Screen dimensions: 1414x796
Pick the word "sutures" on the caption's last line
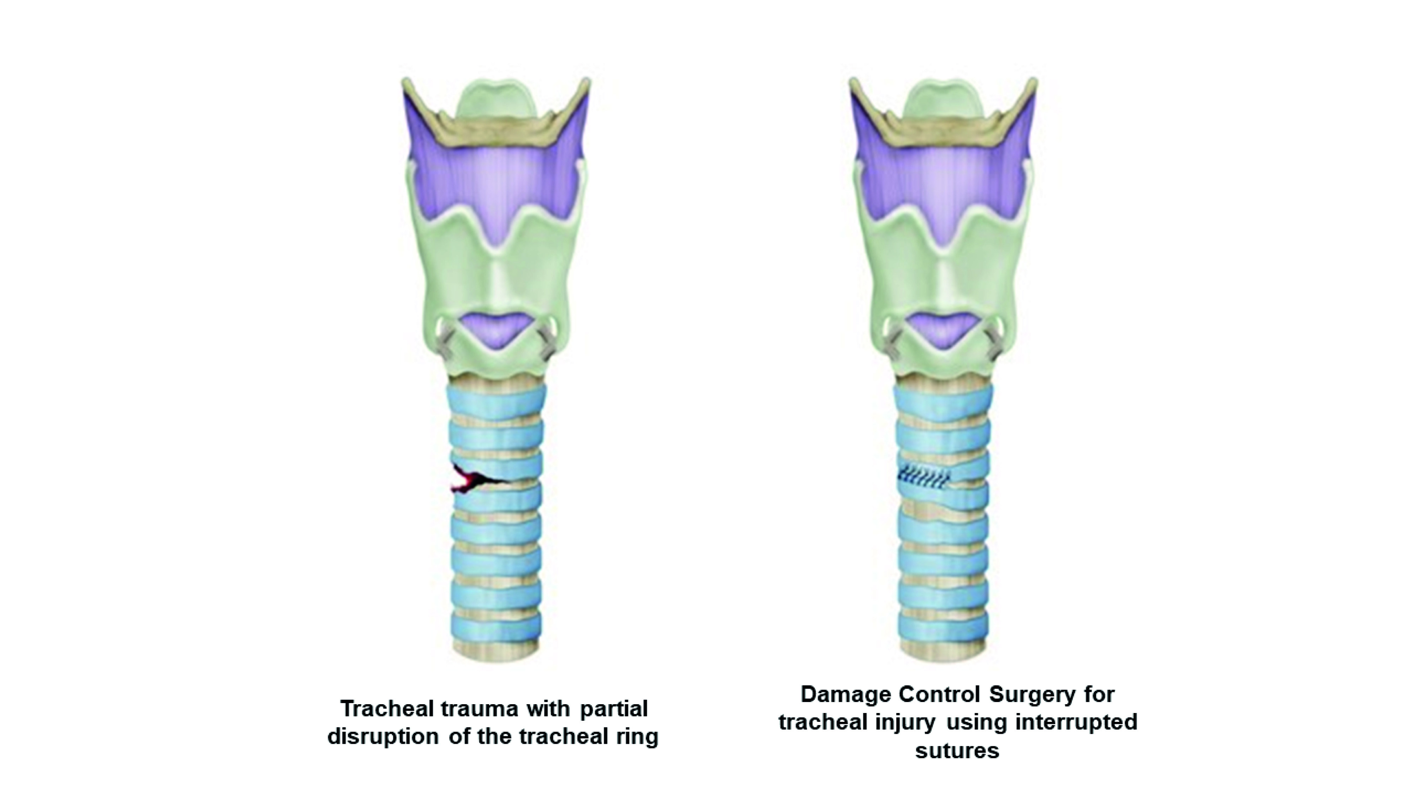tap(957, 750)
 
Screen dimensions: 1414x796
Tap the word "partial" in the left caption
tap(615, 709)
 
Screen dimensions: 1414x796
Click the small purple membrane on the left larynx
tap(496, 330)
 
